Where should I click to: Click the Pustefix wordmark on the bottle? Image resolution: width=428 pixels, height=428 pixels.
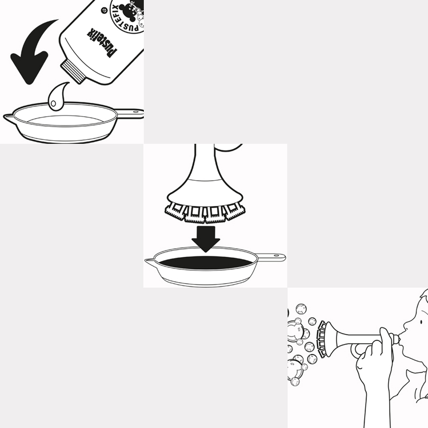101,43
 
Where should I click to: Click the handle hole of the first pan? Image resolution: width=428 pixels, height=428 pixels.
136,112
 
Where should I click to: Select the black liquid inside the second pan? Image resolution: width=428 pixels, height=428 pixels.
206,262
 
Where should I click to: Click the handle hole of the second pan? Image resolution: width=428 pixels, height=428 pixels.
277,256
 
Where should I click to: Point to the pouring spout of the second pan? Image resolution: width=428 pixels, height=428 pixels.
149,262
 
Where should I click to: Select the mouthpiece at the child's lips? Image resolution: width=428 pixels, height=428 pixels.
396,339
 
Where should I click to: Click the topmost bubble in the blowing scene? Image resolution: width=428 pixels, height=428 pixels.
301,309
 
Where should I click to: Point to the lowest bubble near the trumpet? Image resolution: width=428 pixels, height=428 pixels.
295,381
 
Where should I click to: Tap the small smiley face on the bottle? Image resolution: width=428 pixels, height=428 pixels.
104,11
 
